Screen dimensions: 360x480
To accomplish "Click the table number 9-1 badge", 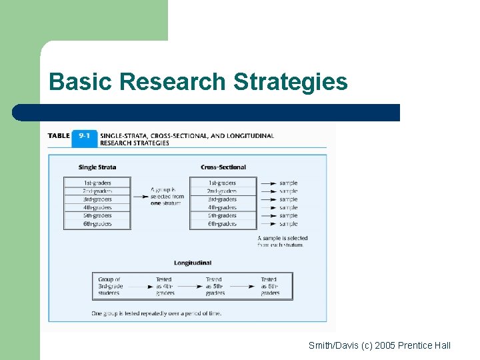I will pyautogui.click(x=84, y=136).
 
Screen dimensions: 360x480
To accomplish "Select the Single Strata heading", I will pyautogui.click(x=97, y=167).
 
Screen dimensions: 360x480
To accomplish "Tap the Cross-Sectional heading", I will pyautogui.click(x=223, y=167).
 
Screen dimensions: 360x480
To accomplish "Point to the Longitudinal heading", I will pyautogui.click(x=192, y=263).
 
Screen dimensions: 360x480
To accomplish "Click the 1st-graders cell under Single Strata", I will pyautogui.click(x=97, y=183).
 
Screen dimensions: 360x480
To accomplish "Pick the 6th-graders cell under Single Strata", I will pyautogui.click(x=97, y=224).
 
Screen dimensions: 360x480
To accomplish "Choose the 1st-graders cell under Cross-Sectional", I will pyautogui.click(x=223, y=183).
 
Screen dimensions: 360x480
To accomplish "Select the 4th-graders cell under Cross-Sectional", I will pyautogui.click(x=223, y=207).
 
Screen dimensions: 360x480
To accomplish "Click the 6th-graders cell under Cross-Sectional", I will pyautogui.click(x=223, y=224).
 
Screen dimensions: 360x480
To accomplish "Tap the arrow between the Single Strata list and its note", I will pyautogui.click(x=141, y=196).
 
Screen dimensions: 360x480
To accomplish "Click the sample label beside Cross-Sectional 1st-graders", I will pyautogui.click(x=289, y=183).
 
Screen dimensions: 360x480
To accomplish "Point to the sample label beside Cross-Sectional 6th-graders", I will pyautogui.click(x=289, y=224).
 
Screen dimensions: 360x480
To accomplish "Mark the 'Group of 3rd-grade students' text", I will pyautogui.click(x=110, y=286).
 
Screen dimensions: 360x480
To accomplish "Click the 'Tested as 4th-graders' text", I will pyautogui.click(x=165, y=286).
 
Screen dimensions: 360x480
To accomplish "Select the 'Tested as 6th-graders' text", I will pyautogui.click(x=270, y=286).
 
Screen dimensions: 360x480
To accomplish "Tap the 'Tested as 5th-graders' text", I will pyautogui.click(x=215, y=286).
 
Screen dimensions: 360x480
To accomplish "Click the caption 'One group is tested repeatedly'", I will pyautogui.click(x=157, y=313).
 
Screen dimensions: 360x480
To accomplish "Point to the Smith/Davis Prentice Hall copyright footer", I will pyautogui.click(x=379, y=345).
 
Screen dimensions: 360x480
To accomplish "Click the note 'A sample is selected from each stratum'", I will pyautogui.click(x=283, y=241).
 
